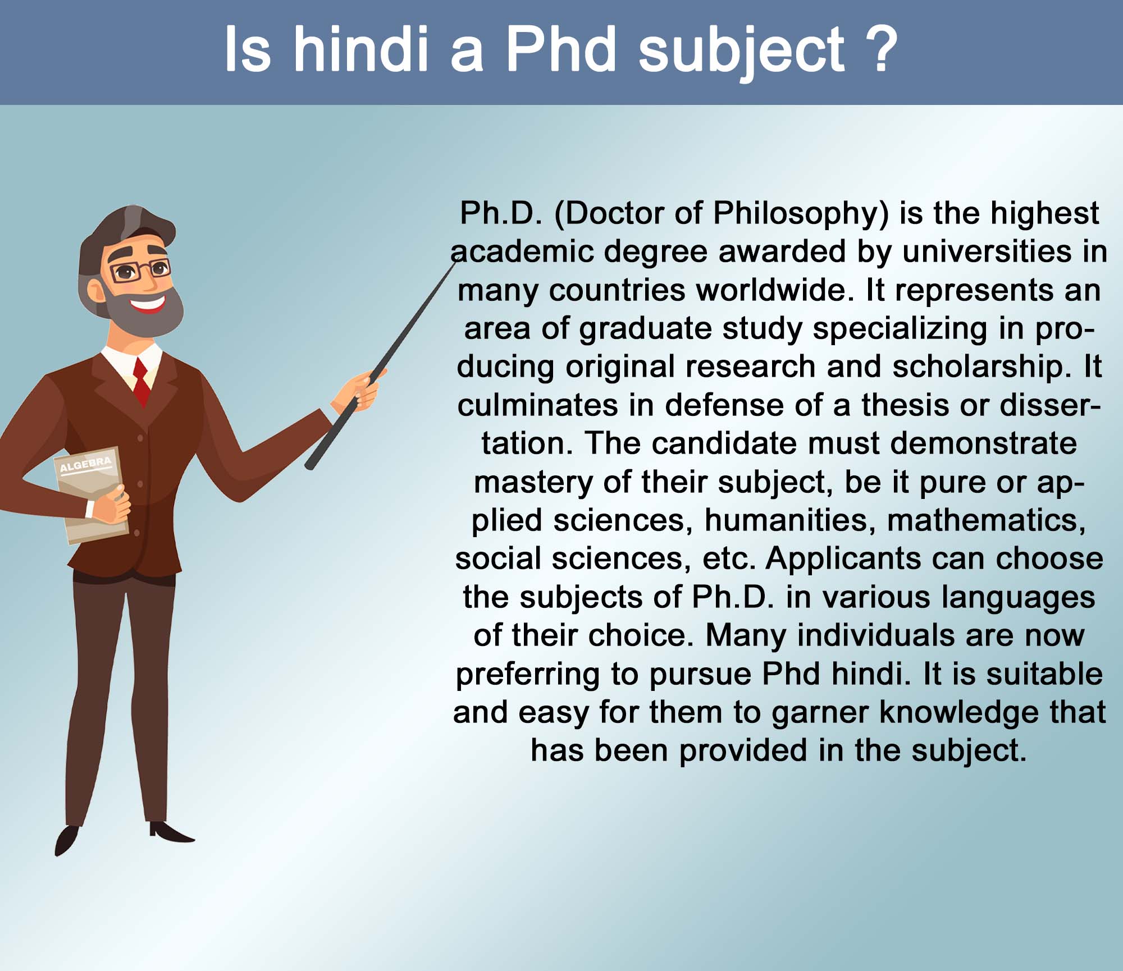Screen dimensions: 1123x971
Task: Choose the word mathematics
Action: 986,520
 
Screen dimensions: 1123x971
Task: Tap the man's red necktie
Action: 141,382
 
